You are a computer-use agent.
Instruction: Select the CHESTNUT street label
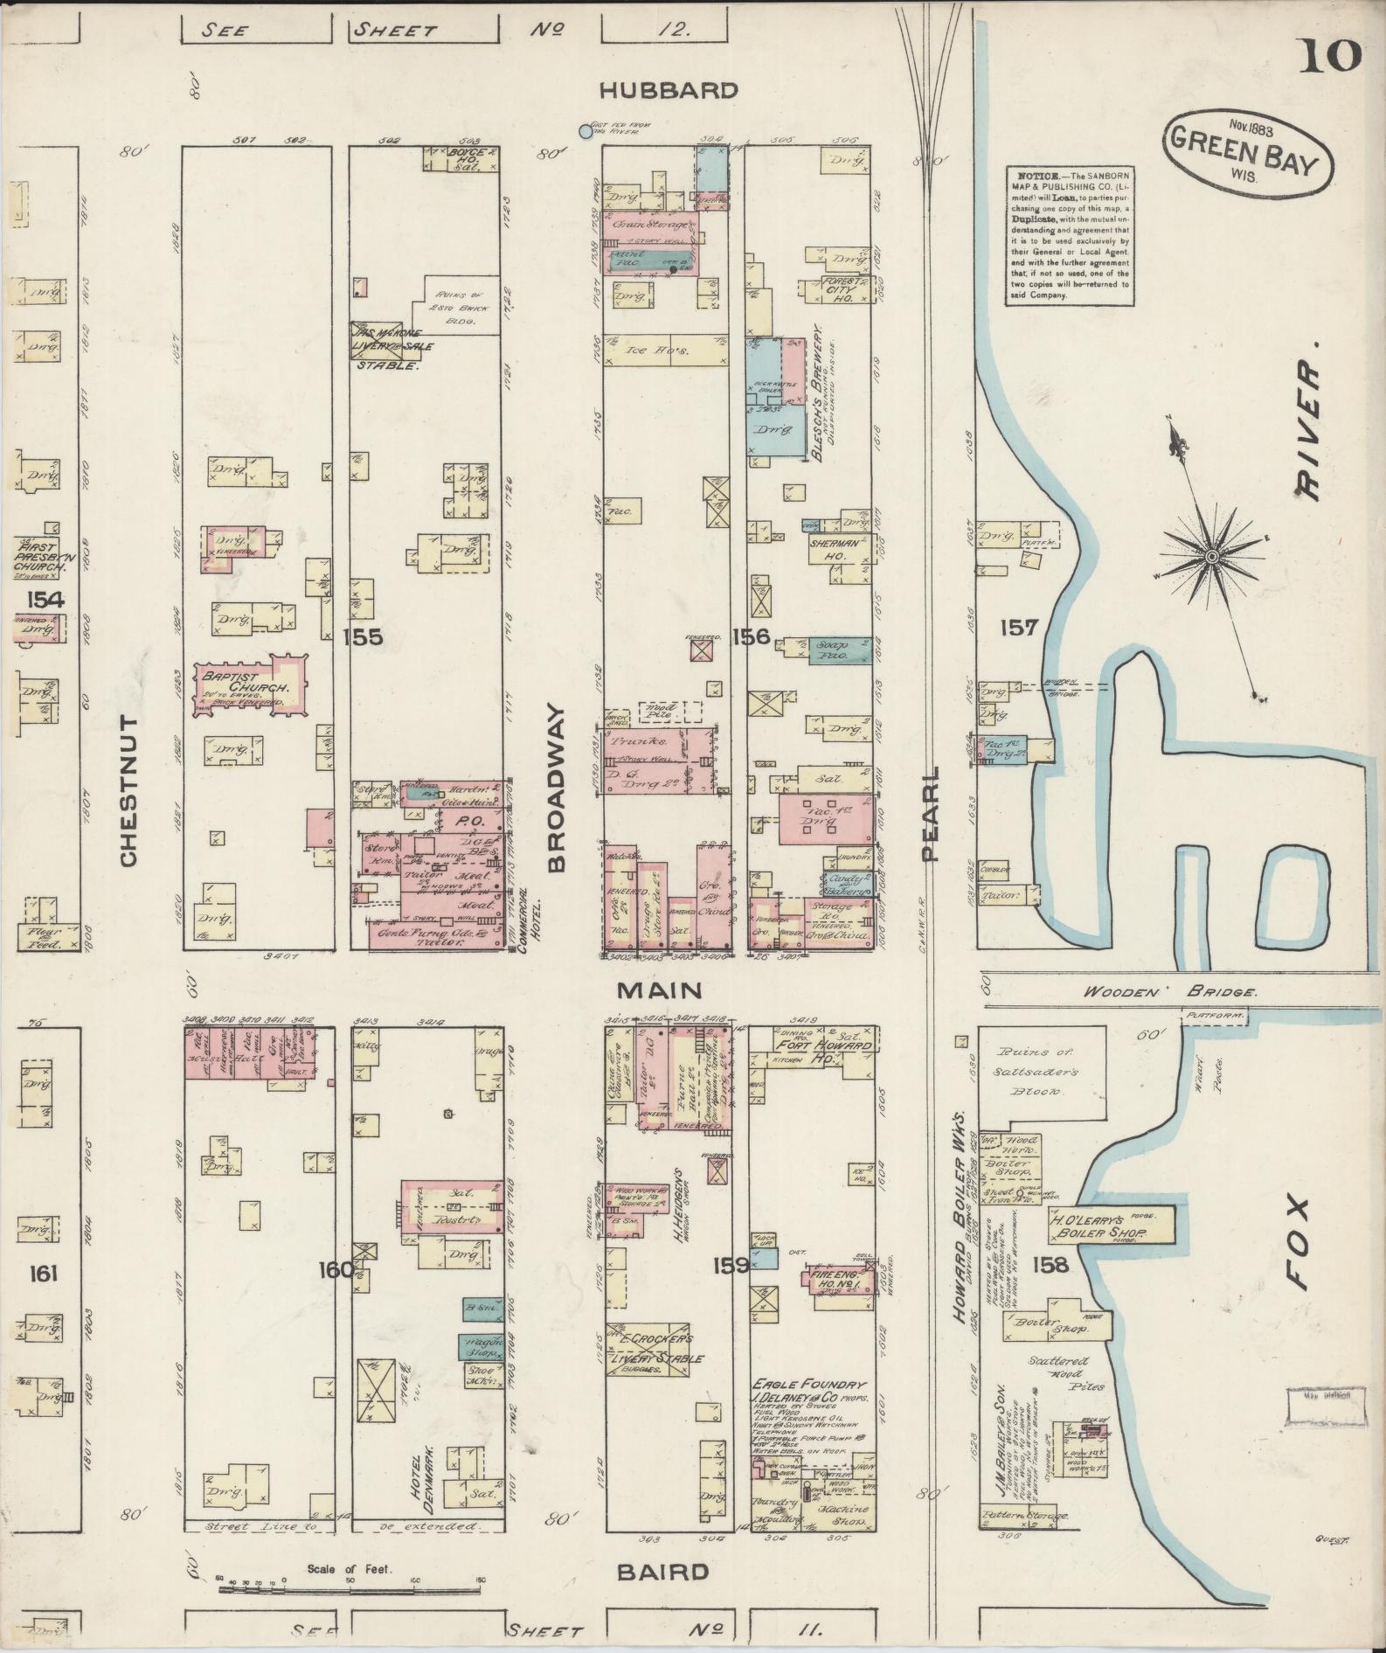128,790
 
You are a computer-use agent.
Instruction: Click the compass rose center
1212,556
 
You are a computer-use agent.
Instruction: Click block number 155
363,636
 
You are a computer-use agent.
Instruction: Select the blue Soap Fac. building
838,651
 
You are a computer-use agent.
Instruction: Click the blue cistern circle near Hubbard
586,131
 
